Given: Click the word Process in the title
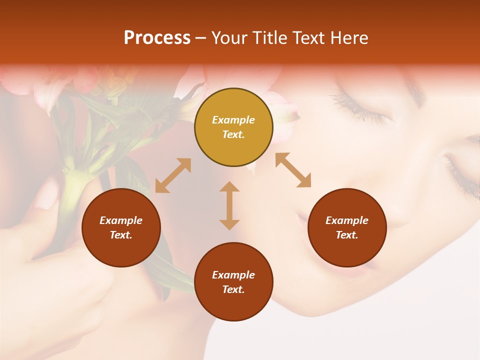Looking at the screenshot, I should (x=157, y=38).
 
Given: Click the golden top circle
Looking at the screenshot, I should (x=233, y=127).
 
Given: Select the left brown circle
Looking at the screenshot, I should (x=121, y=227).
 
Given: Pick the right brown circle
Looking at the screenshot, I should (x=347, y=227).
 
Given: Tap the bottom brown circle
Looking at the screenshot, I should (x=233, y=282).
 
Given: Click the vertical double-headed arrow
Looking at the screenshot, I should (x=229, y=205).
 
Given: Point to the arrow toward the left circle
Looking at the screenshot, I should (x=173, y=175).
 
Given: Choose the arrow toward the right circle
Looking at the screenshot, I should (x=293, y=170).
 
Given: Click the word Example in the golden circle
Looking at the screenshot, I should (x=233, y=120).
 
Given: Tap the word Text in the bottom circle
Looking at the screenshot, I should (x=233, y=289).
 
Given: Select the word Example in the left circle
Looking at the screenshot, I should (x=121, y=220).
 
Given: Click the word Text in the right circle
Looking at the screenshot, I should (x=346, y=235).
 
